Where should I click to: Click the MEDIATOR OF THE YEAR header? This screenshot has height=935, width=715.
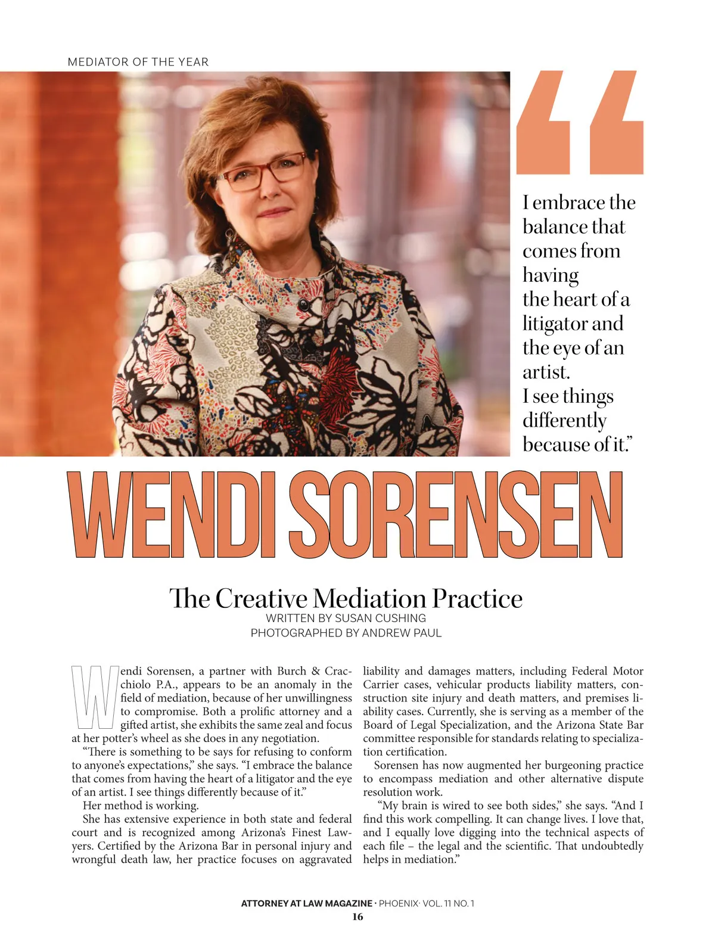point(138,62)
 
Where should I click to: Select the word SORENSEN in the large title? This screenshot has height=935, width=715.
point(458,514)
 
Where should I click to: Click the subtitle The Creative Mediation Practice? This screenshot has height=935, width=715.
point(346,598)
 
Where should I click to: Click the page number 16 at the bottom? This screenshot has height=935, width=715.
point(357,917)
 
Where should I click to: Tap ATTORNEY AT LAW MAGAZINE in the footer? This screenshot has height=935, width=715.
point(306,903)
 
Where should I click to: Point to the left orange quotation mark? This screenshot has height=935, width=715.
point(543,123)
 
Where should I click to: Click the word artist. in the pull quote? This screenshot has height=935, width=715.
point(546,372)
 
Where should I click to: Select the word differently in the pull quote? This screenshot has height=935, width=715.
point(564,421)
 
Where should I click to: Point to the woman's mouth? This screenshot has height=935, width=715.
point(275,212)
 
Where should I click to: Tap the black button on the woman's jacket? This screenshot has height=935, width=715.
point(302,305)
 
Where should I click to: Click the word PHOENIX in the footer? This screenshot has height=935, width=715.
point(399,903)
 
